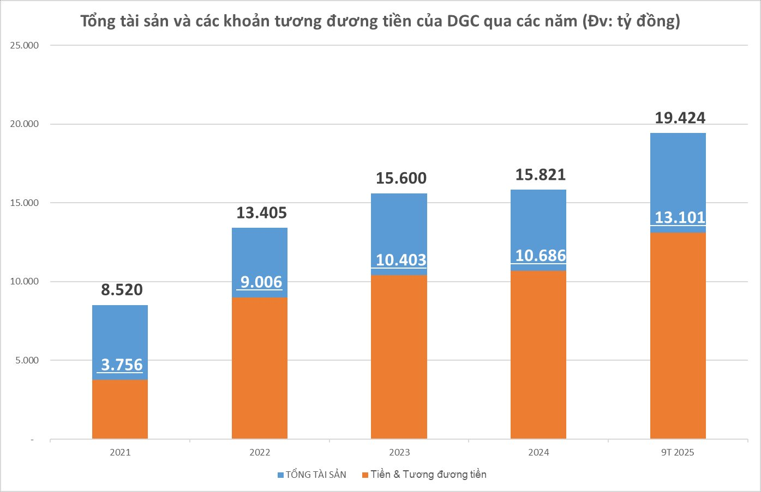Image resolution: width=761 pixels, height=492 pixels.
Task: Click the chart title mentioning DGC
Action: (380, 21)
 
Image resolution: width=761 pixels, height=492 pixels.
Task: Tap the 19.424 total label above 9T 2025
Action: (680, 118)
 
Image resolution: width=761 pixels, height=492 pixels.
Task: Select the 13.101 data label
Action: (680, 217)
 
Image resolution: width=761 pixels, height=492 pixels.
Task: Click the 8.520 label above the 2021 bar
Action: (122, 290)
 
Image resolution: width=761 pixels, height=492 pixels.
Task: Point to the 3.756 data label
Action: (122, 365)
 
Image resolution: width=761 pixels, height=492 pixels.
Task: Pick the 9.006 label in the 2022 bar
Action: (261, 282)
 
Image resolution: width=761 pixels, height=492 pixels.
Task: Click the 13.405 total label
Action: (261, 212)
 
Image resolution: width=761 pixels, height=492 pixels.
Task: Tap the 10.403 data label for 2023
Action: (401, 260)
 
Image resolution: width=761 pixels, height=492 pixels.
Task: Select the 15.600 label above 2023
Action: (401, 178)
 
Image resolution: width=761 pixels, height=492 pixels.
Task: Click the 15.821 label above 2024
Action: (541, 175)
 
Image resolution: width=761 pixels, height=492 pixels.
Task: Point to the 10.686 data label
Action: (541, 256)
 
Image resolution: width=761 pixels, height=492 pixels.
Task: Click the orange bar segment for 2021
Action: (120, 409)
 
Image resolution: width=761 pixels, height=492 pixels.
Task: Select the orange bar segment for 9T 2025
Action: (678, 335)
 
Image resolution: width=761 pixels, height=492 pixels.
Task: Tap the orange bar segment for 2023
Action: (399, 357)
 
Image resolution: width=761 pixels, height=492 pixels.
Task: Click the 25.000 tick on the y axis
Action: (25, 45)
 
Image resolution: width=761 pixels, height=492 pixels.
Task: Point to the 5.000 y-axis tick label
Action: (25, 360)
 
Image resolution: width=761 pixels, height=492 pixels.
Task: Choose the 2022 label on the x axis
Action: (260, 453)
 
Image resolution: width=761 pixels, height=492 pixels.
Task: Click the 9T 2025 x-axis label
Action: (678, 453)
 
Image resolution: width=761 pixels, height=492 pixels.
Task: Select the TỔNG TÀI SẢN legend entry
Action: (311, 475)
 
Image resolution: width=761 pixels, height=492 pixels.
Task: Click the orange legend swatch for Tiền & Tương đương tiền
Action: (365, 475)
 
